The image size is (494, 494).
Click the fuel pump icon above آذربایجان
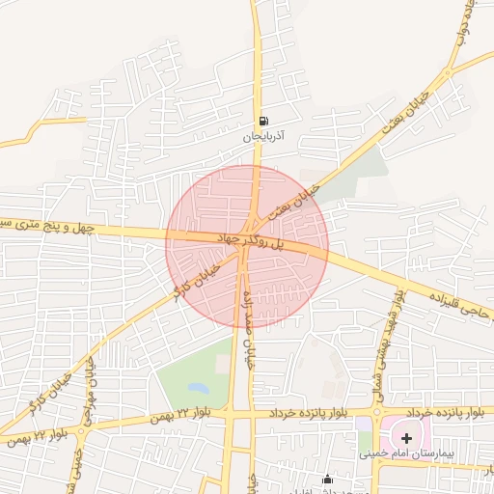click(x=263, y=122)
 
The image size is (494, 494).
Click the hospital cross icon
click(x=406, y=438)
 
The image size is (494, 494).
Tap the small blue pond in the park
click(x=199, y=388)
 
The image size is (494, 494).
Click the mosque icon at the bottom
click(x=328, y=480)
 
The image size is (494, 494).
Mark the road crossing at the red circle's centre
click(x=246, y=245)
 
